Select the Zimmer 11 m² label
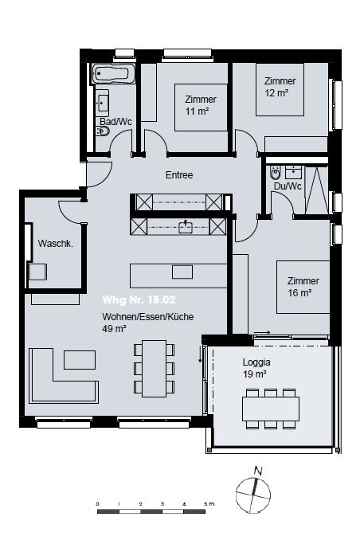(x=200, y=104)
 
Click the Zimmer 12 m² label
(x=280, y=86)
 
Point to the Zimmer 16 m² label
(x=303, y=286)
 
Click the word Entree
(x=179, y=175)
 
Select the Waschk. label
(x=56, y=245)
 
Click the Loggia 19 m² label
(x=256, y=366)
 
